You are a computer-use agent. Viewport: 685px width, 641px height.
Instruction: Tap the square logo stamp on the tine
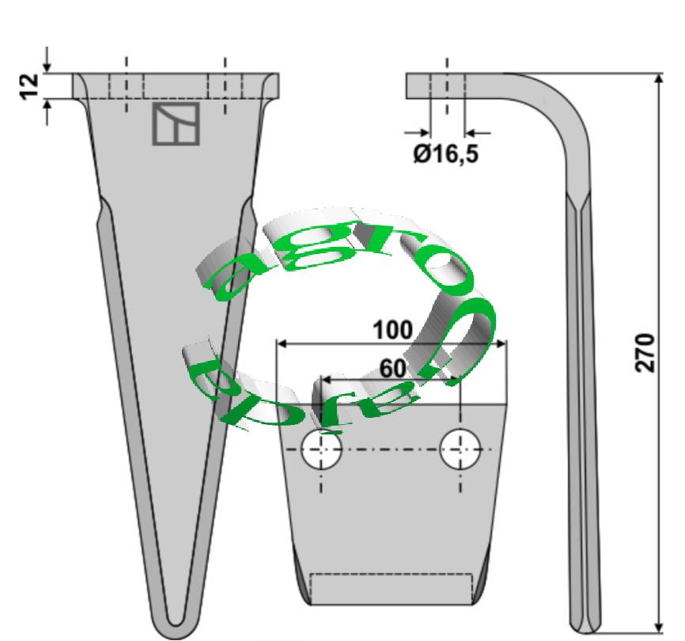click(176, 124)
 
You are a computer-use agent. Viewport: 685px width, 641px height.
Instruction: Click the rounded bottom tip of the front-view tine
click(176, 625)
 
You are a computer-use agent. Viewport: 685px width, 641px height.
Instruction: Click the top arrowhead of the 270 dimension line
click(659, 80)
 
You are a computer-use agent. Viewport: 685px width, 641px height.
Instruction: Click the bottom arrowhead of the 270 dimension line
click(659, 625)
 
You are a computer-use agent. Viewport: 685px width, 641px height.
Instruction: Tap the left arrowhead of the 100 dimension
click(282, 344)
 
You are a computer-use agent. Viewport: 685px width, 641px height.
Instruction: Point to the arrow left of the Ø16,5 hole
click(419, 132)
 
